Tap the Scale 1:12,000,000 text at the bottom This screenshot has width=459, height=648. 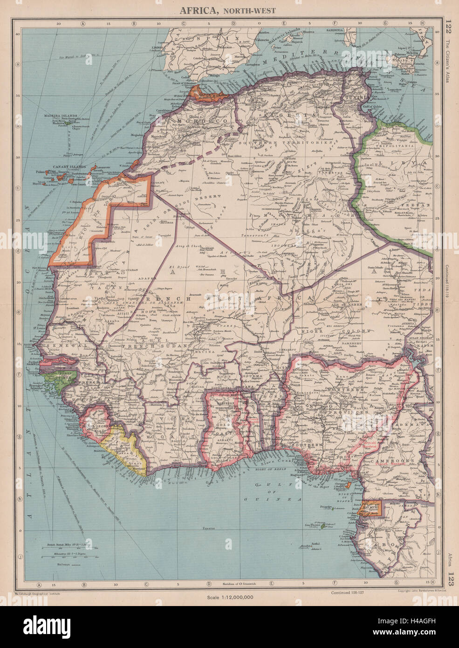(230, 597)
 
